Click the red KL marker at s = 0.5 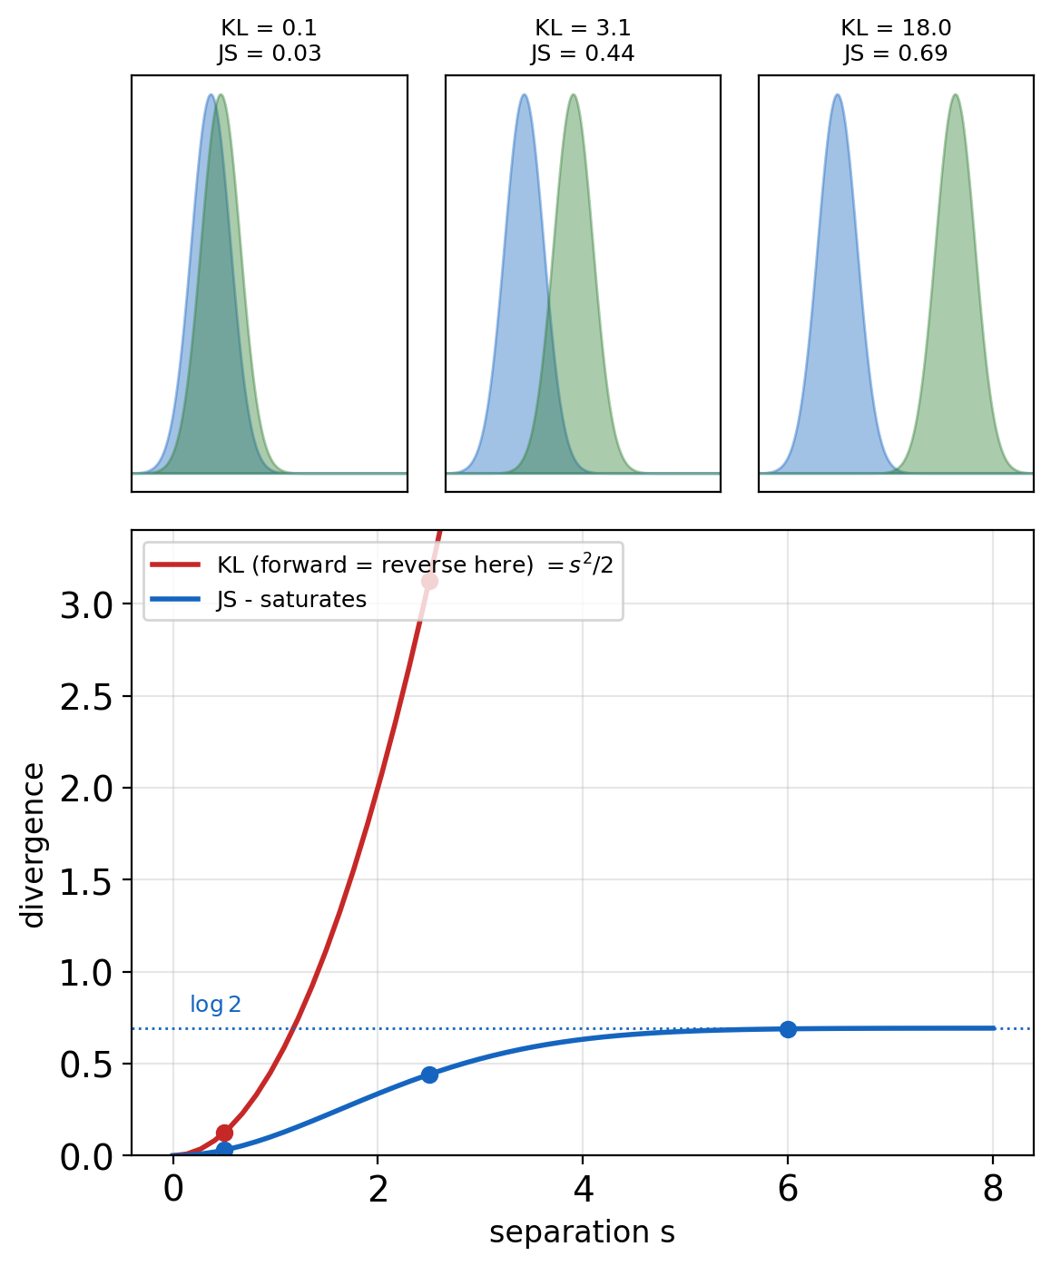click(224, 1133)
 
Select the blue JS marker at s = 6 click(788, 1029)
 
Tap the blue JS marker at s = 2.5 click(429, 1075)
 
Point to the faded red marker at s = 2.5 click(429, 581)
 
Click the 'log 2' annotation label click(215, 1005)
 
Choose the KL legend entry click(382, 564)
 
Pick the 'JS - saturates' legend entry click(259, 599)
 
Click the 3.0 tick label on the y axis click(86, 605)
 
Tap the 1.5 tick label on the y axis click(86, 881)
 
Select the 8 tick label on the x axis click(993, 1188)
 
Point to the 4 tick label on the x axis click(583, 1188)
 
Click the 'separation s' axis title click(582, 1232)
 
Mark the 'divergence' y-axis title click(33, 845)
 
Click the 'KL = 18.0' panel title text click(896, 27)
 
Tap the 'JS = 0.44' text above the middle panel click(583, 54)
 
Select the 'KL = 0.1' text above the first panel click(269, 27)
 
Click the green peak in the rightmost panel click(955, 96)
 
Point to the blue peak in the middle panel click(524, 96)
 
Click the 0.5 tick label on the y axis click(86, 1065)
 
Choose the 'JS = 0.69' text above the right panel click(896, 54)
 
